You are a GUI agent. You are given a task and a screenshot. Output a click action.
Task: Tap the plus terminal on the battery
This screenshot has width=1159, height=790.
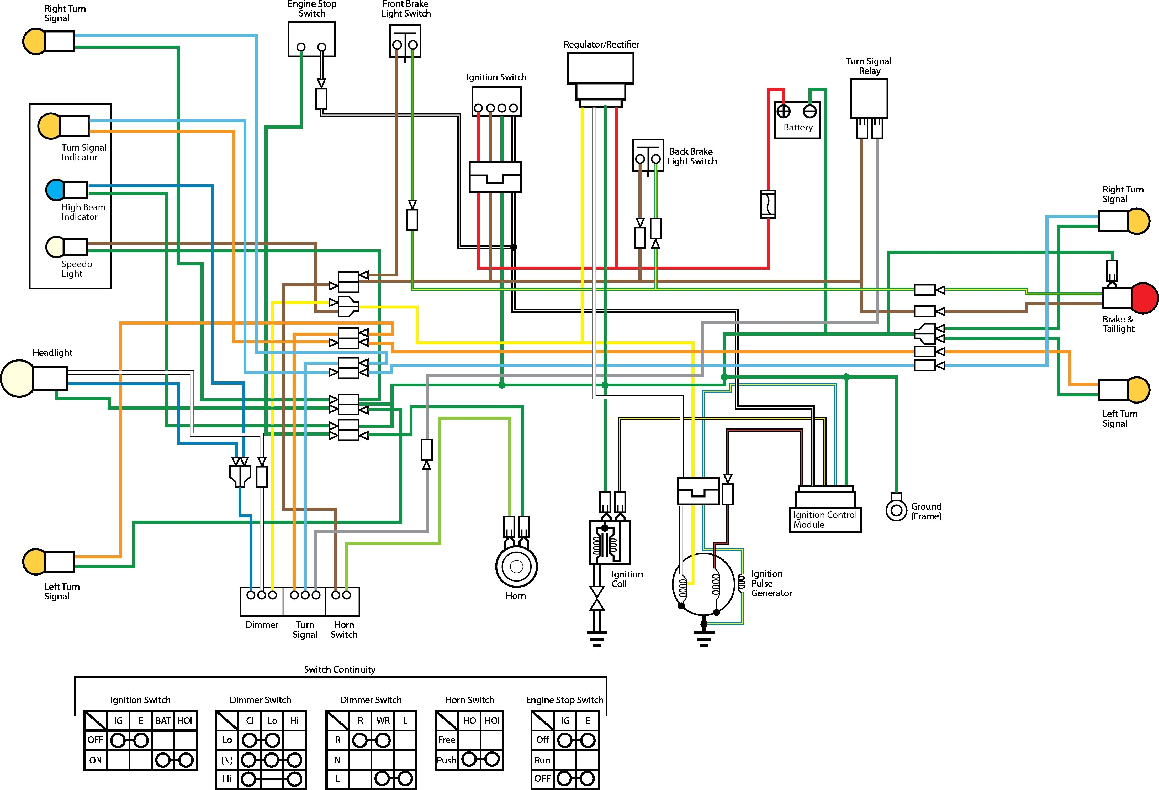[784, 111]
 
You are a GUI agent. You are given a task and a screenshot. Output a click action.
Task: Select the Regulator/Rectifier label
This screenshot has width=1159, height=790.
[601, 44]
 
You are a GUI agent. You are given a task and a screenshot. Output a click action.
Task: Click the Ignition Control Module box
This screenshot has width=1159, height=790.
[825, 519]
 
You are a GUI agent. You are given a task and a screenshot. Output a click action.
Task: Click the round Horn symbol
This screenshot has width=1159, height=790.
[516, 566]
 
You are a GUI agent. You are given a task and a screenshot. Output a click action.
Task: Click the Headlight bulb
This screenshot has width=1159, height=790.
[18, 378]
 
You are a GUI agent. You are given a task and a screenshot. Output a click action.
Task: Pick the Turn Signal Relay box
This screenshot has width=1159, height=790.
[869, 99]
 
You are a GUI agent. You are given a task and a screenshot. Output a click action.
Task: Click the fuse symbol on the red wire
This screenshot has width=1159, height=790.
[768, 204]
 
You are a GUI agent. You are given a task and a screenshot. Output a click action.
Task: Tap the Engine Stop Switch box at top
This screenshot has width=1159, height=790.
[311, 39]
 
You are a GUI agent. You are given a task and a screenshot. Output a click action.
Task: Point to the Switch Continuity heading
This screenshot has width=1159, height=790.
[340, 669]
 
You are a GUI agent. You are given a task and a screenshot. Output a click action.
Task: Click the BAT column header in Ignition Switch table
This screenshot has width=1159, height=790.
[163, 721]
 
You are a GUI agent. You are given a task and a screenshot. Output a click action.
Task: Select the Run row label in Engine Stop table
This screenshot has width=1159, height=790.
[542, 760]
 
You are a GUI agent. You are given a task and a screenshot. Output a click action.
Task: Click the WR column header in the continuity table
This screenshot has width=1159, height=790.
[383, 721]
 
